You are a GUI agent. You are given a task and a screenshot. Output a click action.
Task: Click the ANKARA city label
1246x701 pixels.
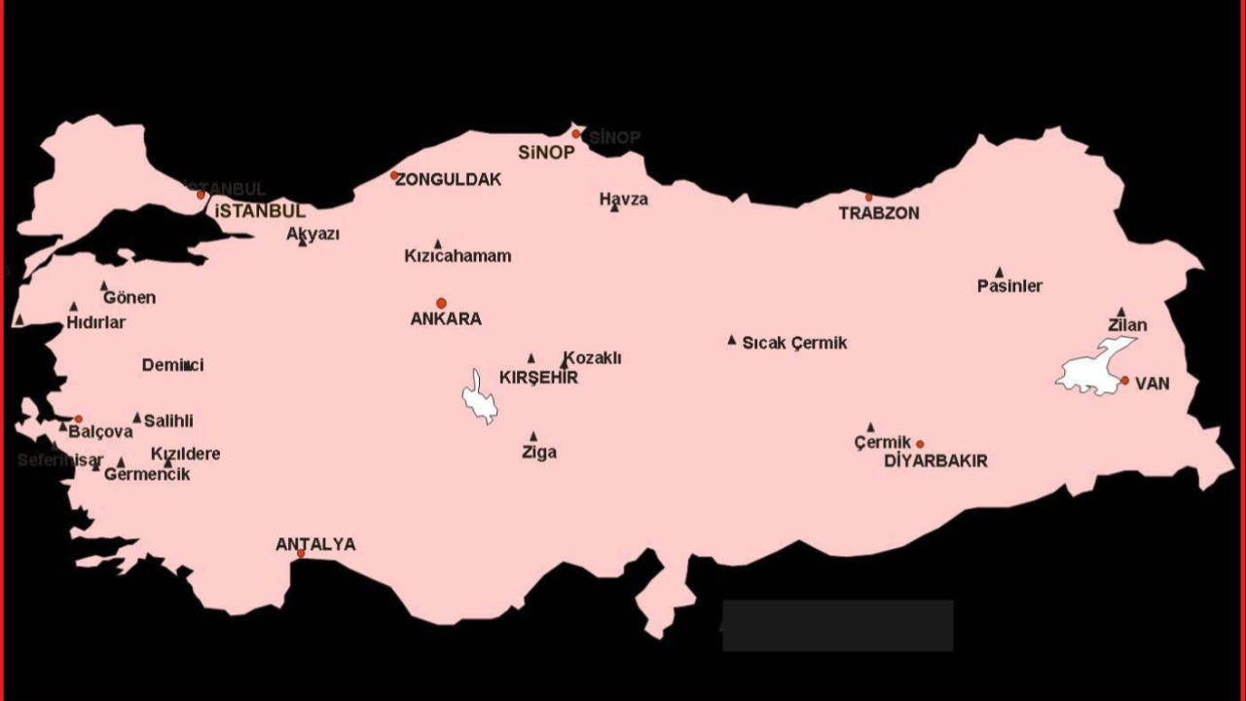click(446, 318)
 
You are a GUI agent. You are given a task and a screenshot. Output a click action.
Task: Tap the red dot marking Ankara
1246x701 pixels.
click(441, 303)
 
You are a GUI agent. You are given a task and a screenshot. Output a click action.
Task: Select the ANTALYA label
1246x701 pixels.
click(315, 544)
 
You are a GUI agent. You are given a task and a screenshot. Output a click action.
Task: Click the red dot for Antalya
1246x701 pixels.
click(301, 554)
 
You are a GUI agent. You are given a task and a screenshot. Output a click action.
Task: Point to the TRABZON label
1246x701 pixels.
click(879, 213)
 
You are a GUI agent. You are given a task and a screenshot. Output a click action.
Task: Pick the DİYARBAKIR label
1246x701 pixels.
click(935, 461)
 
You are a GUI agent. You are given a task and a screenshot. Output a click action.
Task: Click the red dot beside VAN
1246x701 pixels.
click(1124, 381)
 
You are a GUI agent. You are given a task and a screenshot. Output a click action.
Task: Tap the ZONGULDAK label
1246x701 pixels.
click(449, 179)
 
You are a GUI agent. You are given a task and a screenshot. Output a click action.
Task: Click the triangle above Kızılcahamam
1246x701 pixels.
click(438, 244)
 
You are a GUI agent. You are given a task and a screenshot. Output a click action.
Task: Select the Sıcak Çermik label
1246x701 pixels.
click(794, 343)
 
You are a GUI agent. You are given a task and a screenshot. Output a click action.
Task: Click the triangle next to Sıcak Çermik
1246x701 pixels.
click(732, 340)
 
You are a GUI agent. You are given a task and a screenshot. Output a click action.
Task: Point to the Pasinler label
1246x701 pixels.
click(1009, 286)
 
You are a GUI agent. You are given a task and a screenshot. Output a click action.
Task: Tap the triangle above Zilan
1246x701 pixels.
click(1121, 313)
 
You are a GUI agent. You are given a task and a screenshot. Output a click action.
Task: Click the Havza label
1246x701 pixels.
click(623, 199)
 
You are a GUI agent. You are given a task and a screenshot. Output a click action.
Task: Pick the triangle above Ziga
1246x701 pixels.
click(533, 436)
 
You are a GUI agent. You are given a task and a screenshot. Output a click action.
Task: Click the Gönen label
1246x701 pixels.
click(129, 298)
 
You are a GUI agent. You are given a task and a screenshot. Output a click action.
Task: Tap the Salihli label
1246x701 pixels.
click(168, 421)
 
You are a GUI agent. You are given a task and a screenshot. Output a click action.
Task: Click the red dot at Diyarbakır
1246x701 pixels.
click(920, 444)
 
